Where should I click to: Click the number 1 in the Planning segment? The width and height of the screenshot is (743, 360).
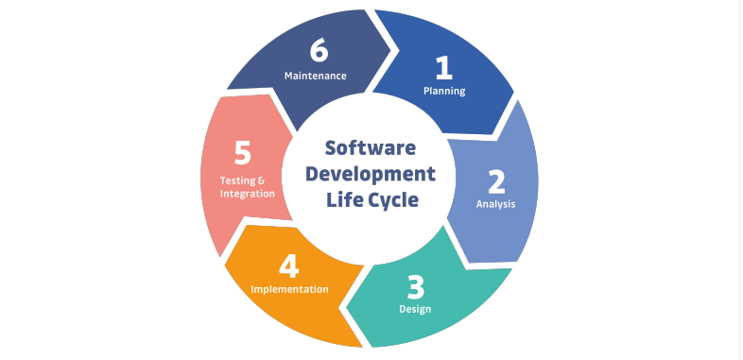tap(443, 67)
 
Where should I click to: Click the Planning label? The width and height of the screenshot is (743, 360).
tap(443, 92)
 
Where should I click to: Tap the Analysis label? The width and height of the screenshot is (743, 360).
tap(495, 203)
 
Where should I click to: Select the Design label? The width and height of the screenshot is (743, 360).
tap(416, 309)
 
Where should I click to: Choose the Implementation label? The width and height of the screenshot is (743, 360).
tap(290, 289)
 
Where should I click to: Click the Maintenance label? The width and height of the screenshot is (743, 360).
tap(316, 75)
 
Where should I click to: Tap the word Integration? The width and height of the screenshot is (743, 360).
tap(248, 193)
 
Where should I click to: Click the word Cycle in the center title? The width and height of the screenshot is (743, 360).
tap(392, 200)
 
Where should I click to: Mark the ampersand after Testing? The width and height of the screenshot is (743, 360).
tap(262, 180)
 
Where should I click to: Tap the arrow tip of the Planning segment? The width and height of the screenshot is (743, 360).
tap(513, 94)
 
